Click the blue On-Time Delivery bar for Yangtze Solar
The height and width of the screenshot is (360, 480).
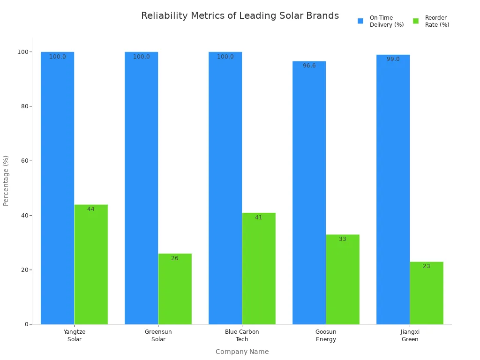tap(57, 187)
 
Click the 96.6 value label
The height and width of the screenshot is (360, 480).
tap(309, 66)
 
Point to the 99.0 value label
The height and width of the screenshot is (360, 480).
tap(393, 59)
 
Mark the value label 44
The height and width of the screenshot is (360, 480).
tap(91, 209)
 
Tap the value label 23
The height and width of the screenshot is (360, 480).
tap(427, 266)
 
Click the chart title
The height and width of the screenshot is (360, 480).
tap(240, 16)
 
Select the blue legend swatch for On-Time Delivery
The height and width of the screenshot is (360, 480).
tap(360, 21)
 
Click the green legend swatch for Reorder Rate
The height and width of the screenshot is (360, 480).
tap(416, 21)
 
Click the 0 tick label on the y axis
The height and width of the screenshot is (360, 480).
tap(27, 324)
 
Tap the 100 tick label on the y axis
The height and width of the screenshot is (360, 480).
tap(22, 52)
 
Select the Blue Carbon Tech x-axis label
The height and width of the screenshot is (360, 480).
tap(242, 336)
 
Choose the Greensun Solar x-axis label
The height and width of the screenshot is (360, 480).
tap(158, 336)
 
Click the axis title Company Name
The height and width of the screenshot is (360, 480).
tap(242, 352)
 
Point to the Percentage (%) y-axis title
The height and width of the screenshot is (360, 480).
tap(6, 180)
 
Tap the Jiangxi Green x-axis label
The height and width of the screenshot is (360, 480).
tap(410, 336)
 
